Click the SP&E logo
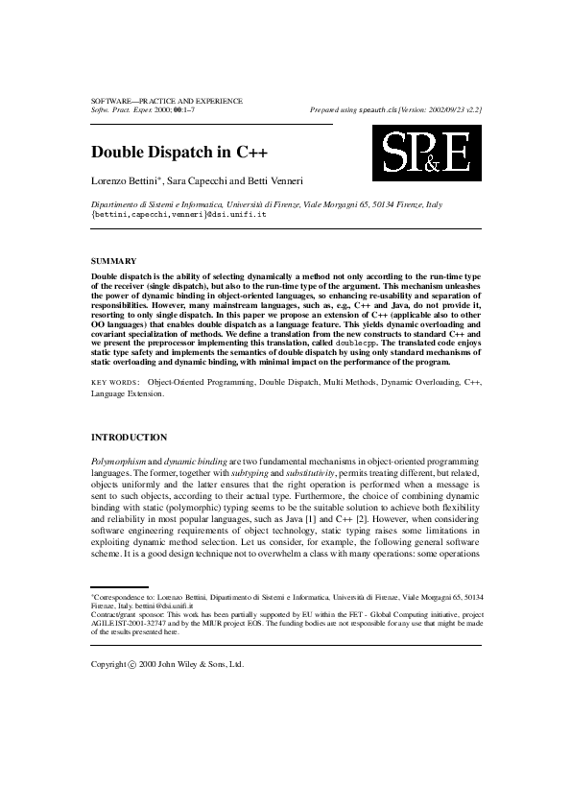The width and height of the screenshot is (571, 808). point(427,153)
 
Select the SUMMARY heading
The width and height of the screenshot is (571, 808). point(113,261)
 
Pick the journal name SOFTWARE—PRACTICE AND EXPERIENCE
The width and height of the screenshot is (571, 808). point(166,101)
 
